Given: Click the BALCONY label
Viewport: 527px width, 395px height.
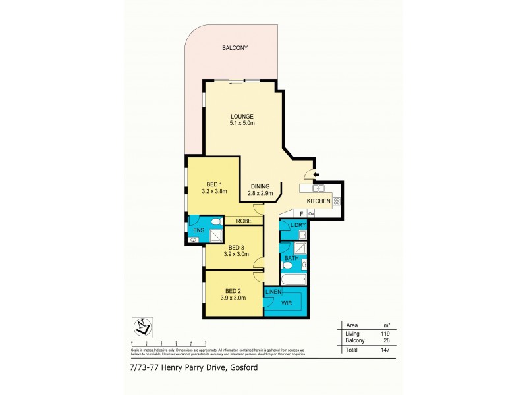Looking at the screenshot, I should click(235, 48).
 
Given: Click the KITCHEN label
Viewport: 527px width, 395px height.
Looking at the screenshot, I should click(319, 201).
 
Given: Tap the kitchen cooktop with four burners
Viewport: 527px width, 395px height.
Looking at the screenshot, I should click(337, 201).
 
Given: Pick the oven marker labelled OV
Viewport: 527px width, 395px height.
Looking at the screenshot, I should click(311, 214).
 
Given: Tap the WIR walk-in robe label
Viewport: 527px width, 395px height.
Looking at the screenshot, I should click(287, 304).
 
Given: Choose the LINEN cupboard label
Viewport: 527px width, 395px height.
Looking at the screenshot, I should click(273, 292).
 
